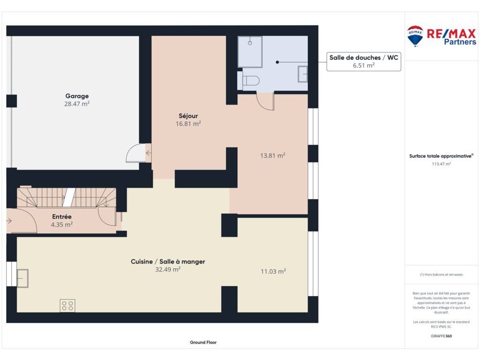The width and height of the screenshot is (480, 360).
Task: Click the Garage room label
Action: (x=77, y=96)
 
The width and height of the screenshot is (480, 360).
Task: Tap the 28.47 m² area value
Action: (x=77, y=104)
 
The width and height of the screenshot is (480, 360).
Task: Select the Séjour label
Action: (x=188, y=116)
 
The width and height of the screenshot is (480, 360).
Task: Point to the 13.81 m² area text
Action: (x=273, y=156)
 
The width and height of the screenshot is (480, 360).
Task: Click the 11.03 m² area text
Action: (x=273, y=271)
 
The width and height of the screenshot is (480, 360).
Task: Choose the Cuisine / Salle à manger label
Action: (x=168, y=262)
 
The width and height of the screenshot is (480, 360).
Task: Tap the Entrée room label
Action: (x=62, y=217)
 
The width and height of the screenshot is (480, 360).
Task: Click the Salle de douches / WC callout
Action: (x=364, y=61)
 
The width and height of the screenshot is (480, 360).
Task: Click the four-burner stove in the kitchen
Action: (x=67, y=306)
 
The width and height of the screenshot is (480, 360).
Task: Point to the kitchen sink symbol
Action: (x=22, y=278)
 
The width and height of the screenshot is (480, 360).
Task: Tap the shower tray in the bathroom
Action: (x=250, y=52)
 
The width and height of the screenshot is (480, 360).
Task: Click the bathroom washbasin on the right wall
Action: (x=303, y=74)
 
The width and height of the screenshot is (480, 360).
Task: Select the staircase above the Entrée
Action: (x=67, y=197)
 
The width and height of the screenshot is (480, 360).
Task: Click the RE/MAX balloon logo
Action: (x=415, y=36)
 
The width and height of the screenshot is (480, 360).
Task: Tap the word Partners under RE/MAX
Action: (x=460, y=42)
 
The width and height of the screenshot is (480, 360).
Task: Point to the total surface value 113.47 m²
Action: (x=441, y=164)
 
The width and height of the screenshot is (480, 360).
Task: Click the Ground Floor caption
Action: (x=203, y=342)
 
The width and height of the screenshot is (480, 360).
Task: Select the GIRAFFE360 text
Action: (x=441, y=336)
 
